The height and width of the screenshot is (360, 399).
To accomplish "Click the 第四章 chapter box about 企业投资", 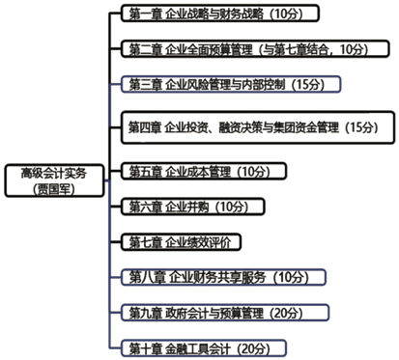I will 258,126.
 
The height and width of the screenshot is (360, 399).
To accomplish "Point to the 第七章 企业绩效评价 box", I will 183,240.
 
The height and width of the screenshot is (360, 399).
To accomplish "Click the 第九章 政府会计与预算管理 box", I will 224,312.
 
